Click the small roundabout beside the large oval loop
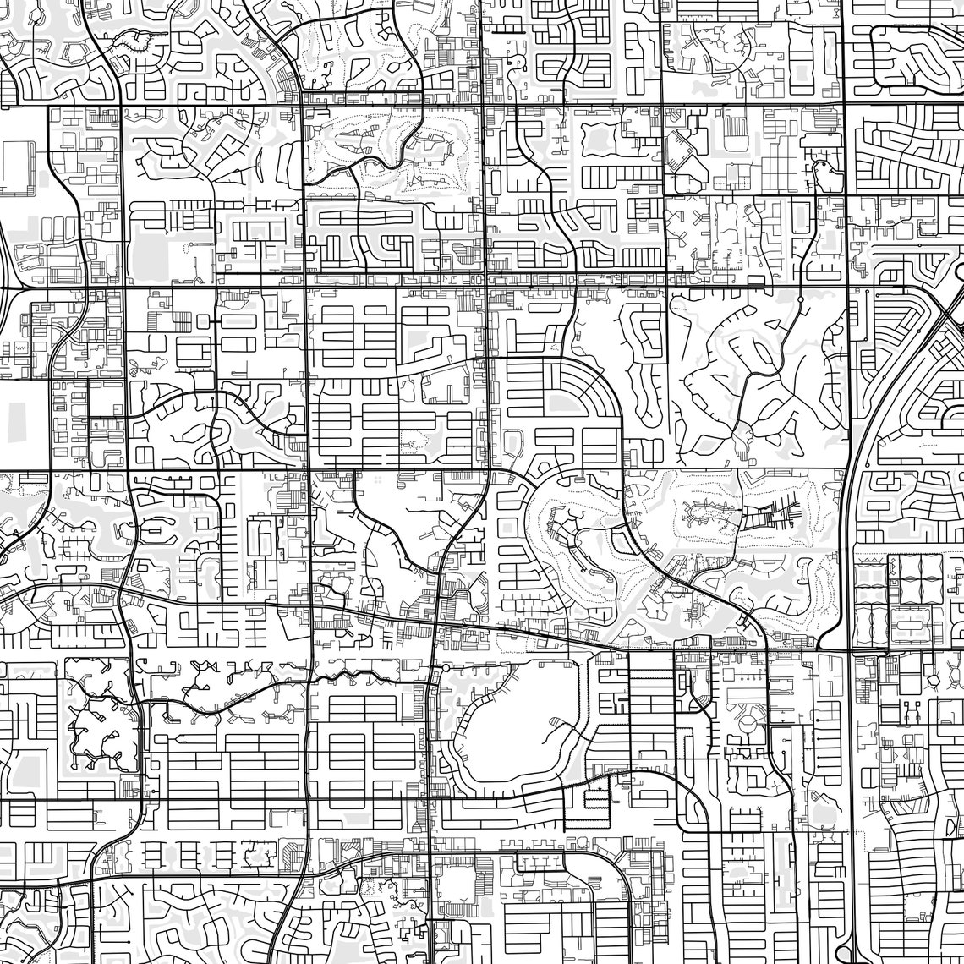(x=446, y=668)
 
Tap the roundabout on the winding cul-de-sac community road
(x=800, y=299)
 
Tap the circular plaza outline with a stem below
(x=748, y=727)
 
